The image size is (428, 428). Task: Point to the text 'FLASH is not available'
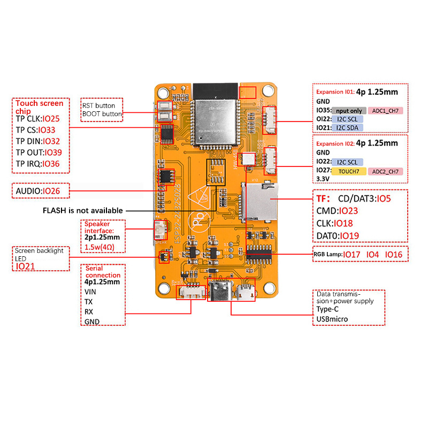click(x=82, y=210)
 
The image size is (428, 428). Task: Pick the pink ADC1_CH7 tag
click(x=385, y=111)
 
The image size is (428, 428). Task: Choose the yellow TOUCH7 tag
click(x=348, y=171)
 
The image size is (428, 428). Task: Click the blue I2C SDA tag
click(x=347, y=127)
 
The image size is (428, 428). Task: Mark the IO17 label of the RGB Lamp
click(x=351, y=254)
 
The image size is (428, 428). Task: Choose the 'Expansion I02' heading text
click(x=335, y=143)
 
